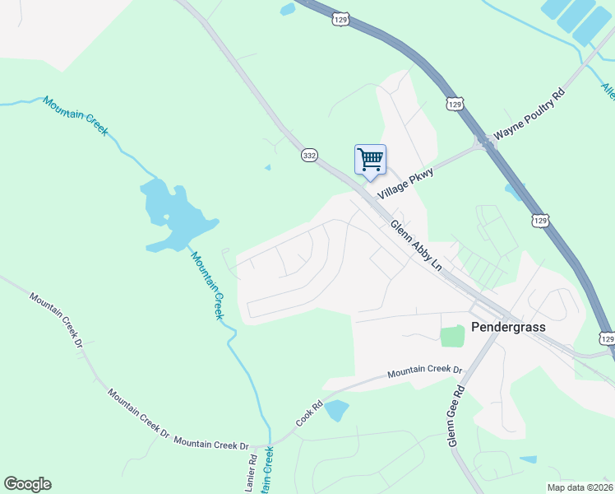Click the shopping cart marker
tap(370, 160)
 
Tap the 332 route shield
tap(309, 155)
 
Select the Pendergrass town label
tap(508, 327)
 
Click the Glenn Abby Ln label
tap(416, 245)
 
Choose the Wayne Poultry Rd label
tap(529, 122)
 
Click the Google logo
tap(27, 484)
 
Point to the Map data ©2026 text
tap(580, 487)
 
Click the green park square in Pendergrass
tap(451, 336)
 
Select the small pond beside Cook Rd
tap(336, 409)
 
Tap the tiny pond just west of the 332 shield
tap(267, 168)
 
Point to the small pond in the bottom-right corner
tap(528, 459)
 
